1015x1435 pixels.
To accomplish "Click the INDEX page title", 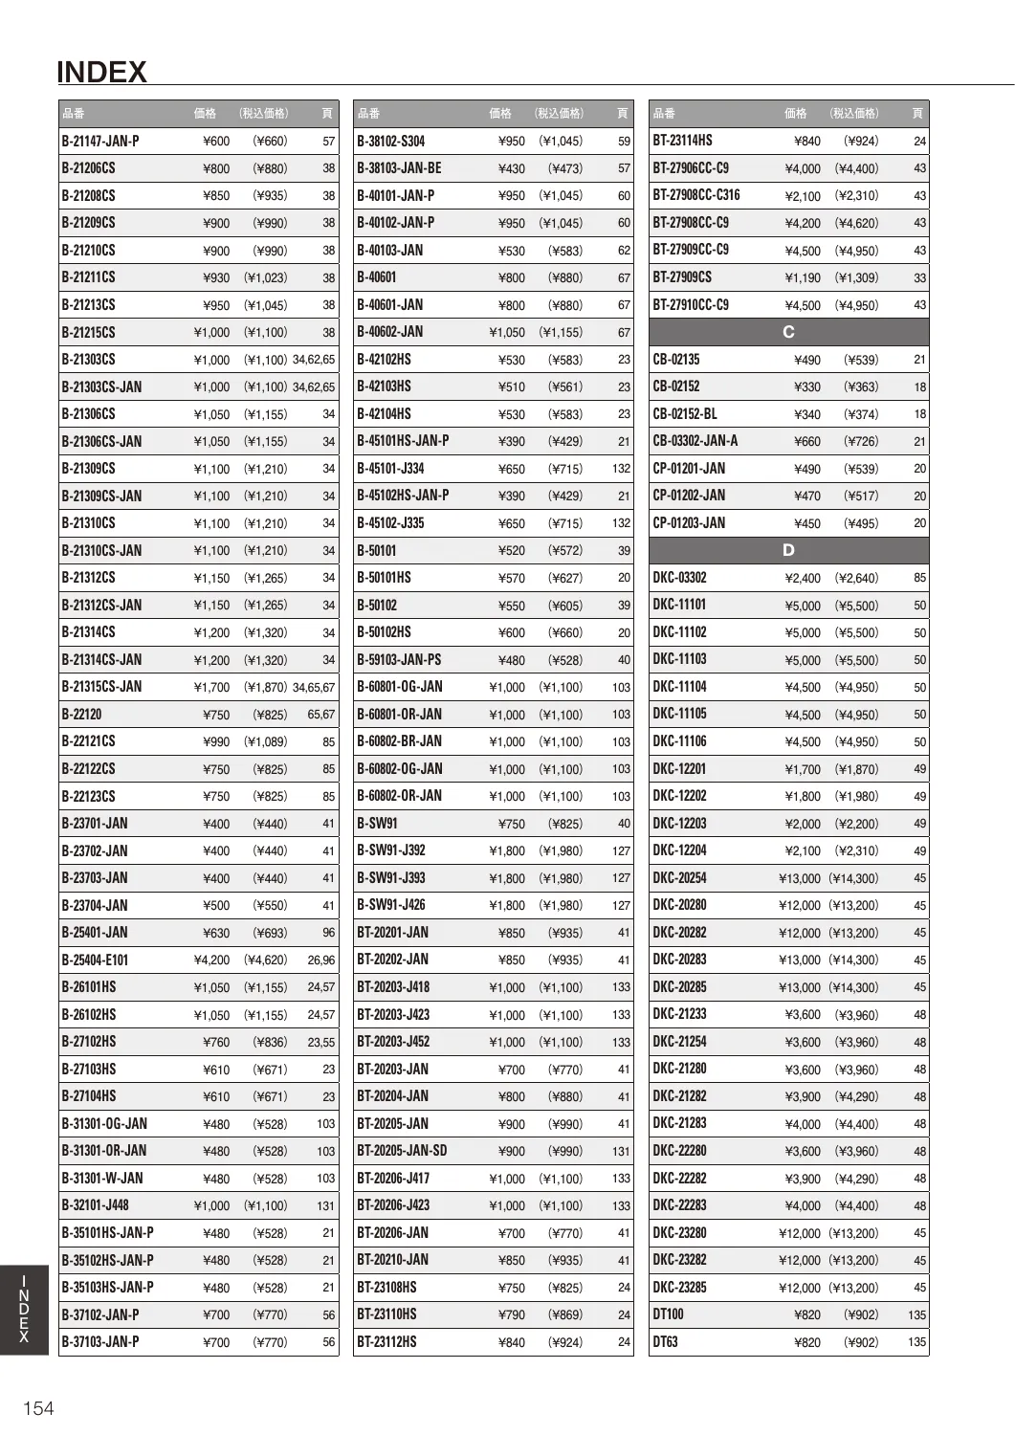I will pos(101,73).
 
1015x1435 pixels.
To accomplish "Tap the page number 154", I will pos(38,1407).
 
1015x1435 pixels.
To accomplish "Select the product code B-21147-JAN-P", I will pos(100,141).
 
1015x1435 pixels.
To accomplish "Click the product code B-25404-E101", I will pos(95,960).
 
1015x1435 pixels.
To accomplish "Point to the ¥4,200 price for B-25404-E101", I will pos(211,960).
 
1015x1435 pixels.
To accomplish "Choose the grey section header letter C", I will pos(788,332).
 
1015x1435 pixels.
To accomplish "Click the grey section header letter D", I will pos(788,550).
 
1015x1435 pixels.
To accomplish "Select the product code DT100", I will pos(668,1314).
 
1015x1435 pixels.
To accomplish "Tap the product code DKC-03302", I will pos(679,578).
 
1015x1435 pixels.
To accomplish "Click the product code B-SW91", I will pos(377,824).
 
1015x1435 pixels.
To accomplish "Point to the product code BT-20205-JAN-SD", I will pos(402,1151).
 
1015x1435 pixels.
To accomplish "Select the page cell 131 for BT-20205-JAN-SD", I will pos(622,1151).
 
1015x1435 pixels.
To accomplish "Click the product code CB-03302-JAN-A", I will pos(695,441).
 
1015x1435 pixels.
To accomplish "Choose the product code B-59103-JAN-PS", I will pos(399,659).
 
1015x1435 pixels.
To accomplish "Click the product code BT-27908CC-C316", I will pos(696,195).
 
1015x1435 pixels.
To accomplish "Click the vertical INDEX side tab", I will pos(24,1308).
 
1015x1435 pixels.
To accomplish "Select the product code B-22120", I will pos(81,714).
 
